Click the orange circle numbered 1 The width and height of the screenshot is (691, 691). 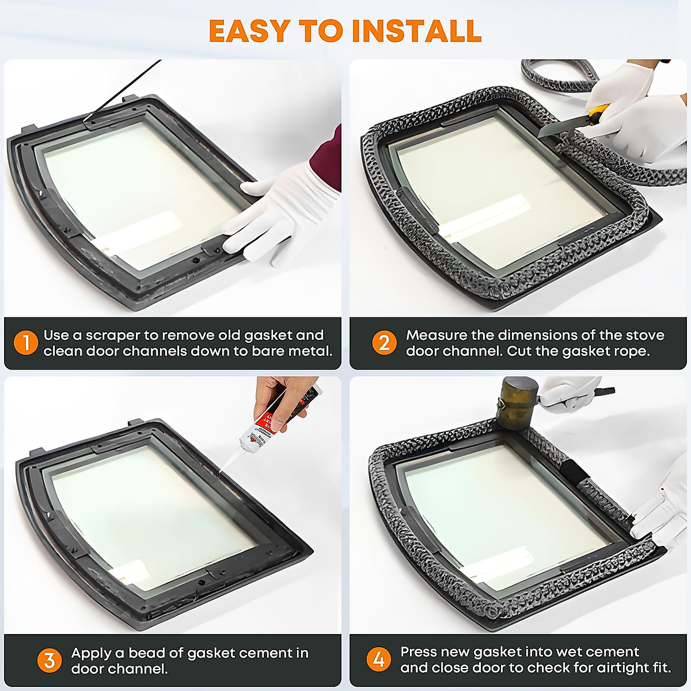click(26, 343)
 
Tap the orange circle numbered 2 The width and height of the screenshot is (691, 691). click(384, 343)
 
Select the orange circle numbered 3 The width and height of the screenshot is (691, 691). click(49, 660)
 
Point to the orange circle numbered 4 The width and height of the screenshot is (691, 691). click(379, 659)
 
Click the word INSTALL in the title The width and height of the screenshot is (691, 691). click(417, 31)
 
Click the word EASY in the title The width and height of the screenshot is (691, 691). click(249, 31)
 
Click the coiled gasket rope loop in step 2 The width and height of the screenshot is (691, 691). click(559, 75)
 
